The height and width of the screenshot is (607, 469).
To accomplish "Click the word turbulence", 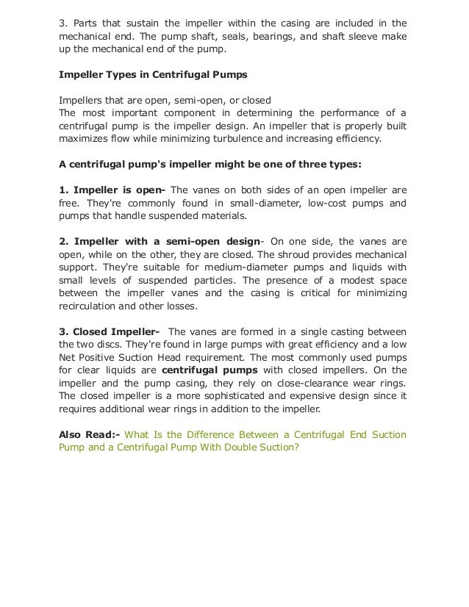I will point(245,137).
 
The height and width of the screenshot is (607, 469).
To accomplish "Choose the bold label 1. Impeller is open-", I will point(112,189).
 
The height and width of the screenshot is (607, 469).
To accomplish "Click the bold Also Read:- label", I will point(84,434).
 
